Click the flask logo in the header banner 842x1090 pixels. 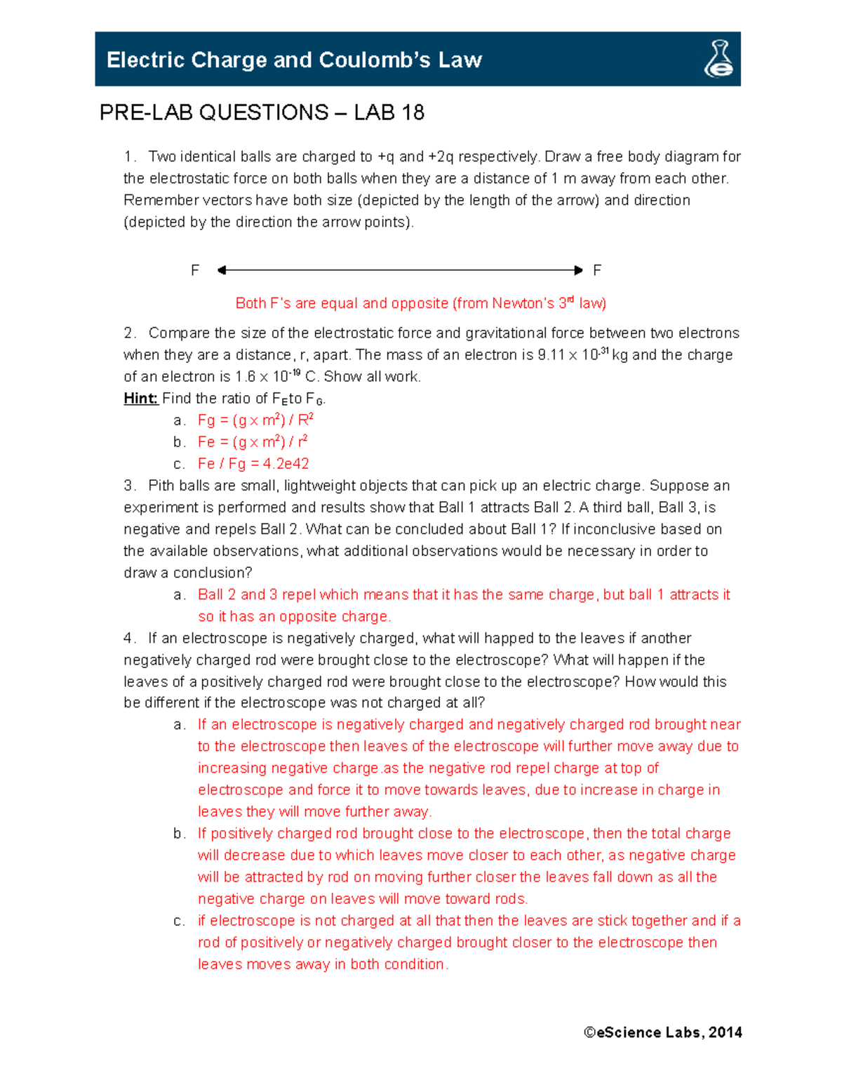[x=719, y=59]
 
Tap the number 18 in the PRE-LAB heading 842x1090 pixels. [x=413, y=112]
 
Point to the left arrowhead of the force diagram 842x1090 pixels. [x=222, y=270]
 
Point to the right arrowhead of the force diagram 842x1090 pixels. [x=578, y=270]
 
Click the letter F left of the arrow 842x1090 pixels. [x=195, y=270]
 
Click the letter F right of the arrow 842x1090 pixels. [x=597, y=270]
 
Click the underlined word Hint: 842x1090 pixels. [x=140, y=399]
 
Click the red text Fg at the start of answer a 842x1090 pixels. [x=206, y=420]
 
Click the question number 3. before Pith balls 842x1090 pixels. [x=130, y=486]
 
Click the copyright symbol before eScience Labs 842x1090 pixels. [x=589, y=1032]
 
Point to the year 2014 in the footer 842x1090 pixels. [x=726, y=1032]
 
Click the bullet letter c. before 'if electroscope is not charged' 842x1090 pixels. [x=180, y=921]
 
